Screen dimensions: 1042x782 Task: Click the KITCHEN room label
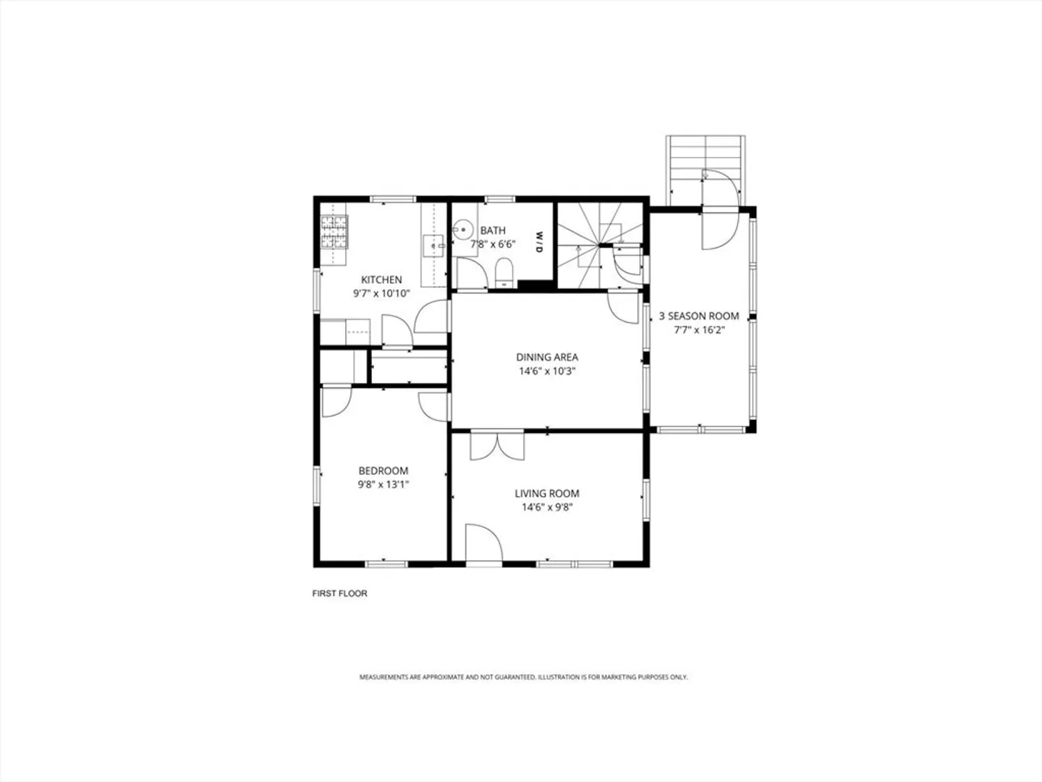point(381,279)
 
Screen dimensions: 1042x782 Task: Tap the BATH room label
point(493,231)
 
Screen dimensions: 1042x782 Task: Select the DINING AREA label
point(547,357)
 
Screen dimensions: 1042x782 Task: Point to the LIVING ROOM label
point(547,493)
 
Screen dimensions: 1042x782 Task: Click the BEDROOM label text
point(383,471)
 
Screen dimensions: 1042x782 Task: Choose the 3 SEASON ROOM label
point(699,316)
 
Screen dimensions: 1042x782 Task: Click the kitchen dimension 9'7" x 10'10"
point(381,293)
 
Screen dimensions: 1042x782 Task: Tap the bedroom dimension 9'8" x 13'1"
point(383,484)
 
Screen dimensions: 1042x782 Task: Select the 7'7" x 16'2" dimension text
point(699,330)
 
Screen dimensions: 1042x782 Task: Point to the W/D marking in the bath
point(539,242)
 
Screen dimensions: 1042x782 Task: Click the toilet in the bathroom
point(504,272)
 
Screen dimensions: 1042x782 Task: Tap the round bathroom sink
point(463,230)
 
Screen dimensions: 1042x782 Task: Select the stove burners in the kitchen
point(334,232)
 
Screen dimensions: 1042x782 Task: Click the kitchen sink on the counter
point(433,246)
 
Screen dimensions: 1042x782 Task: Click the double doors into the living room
point(497,445)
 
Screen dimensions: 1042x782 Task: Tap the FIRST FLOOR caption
point(339,594)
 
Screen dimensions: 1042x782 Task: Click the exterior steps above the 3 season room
point(706,170)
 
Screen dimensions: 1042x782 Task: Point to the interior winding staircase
point(600,245)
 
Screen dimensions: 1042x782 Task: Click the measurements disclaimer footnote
point(523,677)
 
